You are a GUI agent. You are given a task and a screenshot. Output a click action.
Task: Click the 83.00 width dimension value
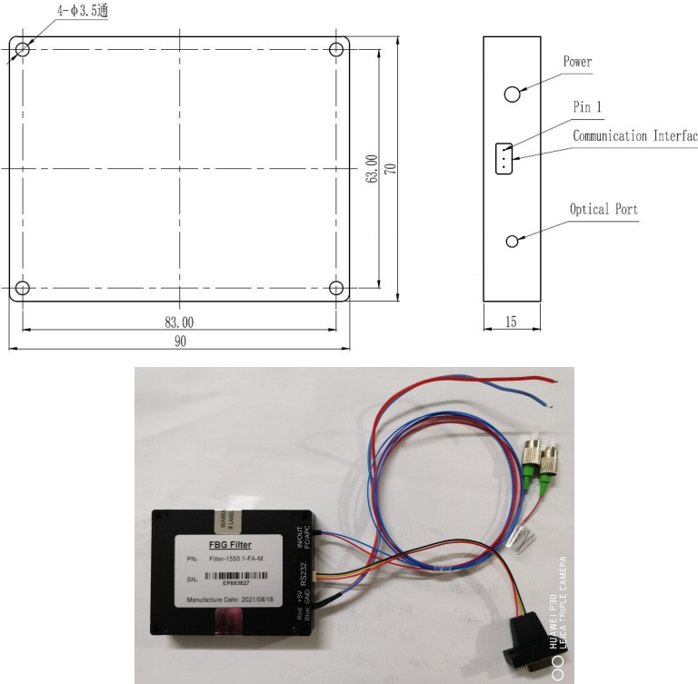(180, 322)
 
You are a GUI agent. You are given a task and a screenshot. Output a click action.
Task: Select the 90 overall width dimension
(180, 341)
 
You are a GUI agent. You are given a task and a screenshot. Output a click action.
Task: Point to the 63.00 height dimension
(371, 170)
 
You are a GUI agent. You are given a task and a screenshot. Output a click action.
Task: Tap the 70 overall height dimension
(392, 170)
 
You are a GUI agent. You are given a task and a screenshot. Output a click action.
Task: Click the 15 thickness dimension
(512, 322)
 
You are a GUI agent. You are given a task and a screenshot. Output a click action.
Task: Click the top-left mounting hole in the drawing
(23, 48)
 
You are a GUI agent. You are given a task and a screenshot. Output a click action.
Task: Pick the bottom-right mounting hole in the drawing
(336, 288)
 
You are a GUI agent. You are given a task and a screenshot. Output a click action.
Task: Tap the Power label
(577, 62)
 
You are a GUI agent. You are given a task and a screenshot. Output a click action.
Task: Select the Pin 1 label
(587, 107)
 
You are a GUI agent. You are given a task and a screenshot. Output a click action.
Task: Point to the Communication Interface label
(634, 136)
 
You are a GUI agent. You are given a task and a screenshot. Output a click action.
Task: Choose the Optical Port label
(603, 209)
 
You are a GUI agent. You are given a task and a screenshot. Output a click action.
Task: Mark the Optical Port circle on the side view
(513, 241)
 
